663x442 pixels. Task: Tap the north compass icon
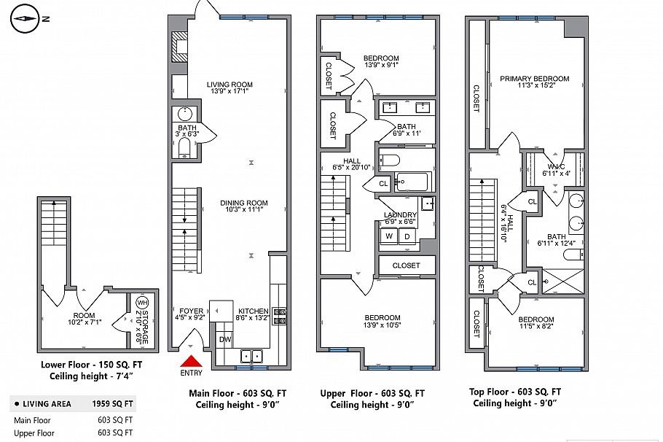coord(26,19)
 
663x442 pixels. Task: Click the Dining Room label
coord(245,207)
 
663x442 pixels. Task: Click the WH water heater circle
coord(141,303)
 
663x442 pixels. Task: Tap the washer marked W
coord(389,236)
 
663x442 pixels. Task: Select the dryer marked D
coord(407,236)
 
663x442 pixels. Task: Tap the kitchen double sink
coord(252,356)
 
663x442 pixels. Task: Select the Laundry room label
coord(399,217)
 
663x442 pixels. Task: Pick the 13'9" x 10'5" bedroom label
coord(382,321)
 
